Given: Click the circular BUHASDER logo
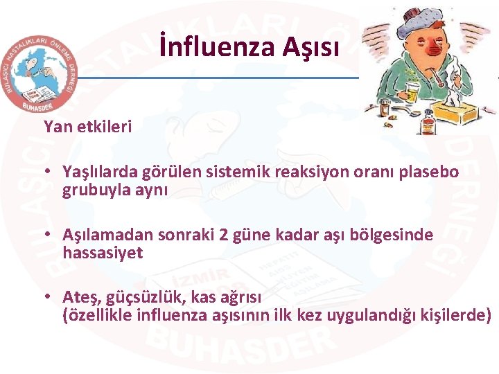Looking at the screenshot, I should [40, 73].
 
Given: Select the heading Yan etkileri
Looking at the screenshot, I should [87, 127].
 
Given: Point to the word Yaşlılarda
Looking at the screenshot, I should [100, 172].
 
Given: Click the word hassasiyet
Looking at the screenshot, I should [103, 253].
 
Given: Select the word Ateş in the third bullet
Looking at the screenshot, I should [80, 298].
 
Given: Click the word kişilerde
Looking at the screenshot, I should [455, 316].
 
